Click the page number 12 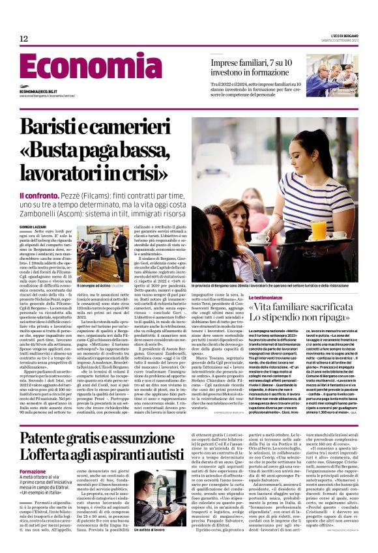pos(23,39)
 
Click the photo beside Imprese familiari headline pos(332,75)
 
